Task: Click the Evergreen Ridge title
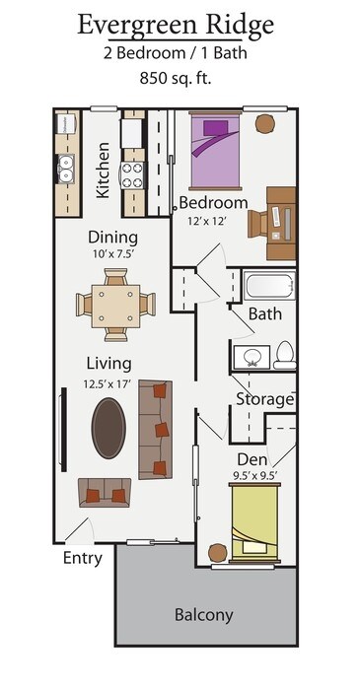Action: point(176,25)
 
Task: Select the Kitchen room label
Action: point(104,170)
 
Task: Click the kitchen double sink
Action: point(66,170)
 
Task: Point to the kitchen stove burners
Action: point(133,173)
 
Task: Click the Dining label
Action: point(112,238)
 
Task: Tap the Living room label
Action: point(108,362)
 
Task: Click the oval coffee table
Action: point(109,427)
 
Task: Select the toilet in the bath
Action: point(283,354)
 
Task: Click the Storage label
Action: point(264,399)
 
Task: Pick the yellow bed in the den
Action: point(255,522)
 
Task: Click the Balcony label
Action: point(204,615)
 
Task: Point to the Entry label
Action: point(83,558)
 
